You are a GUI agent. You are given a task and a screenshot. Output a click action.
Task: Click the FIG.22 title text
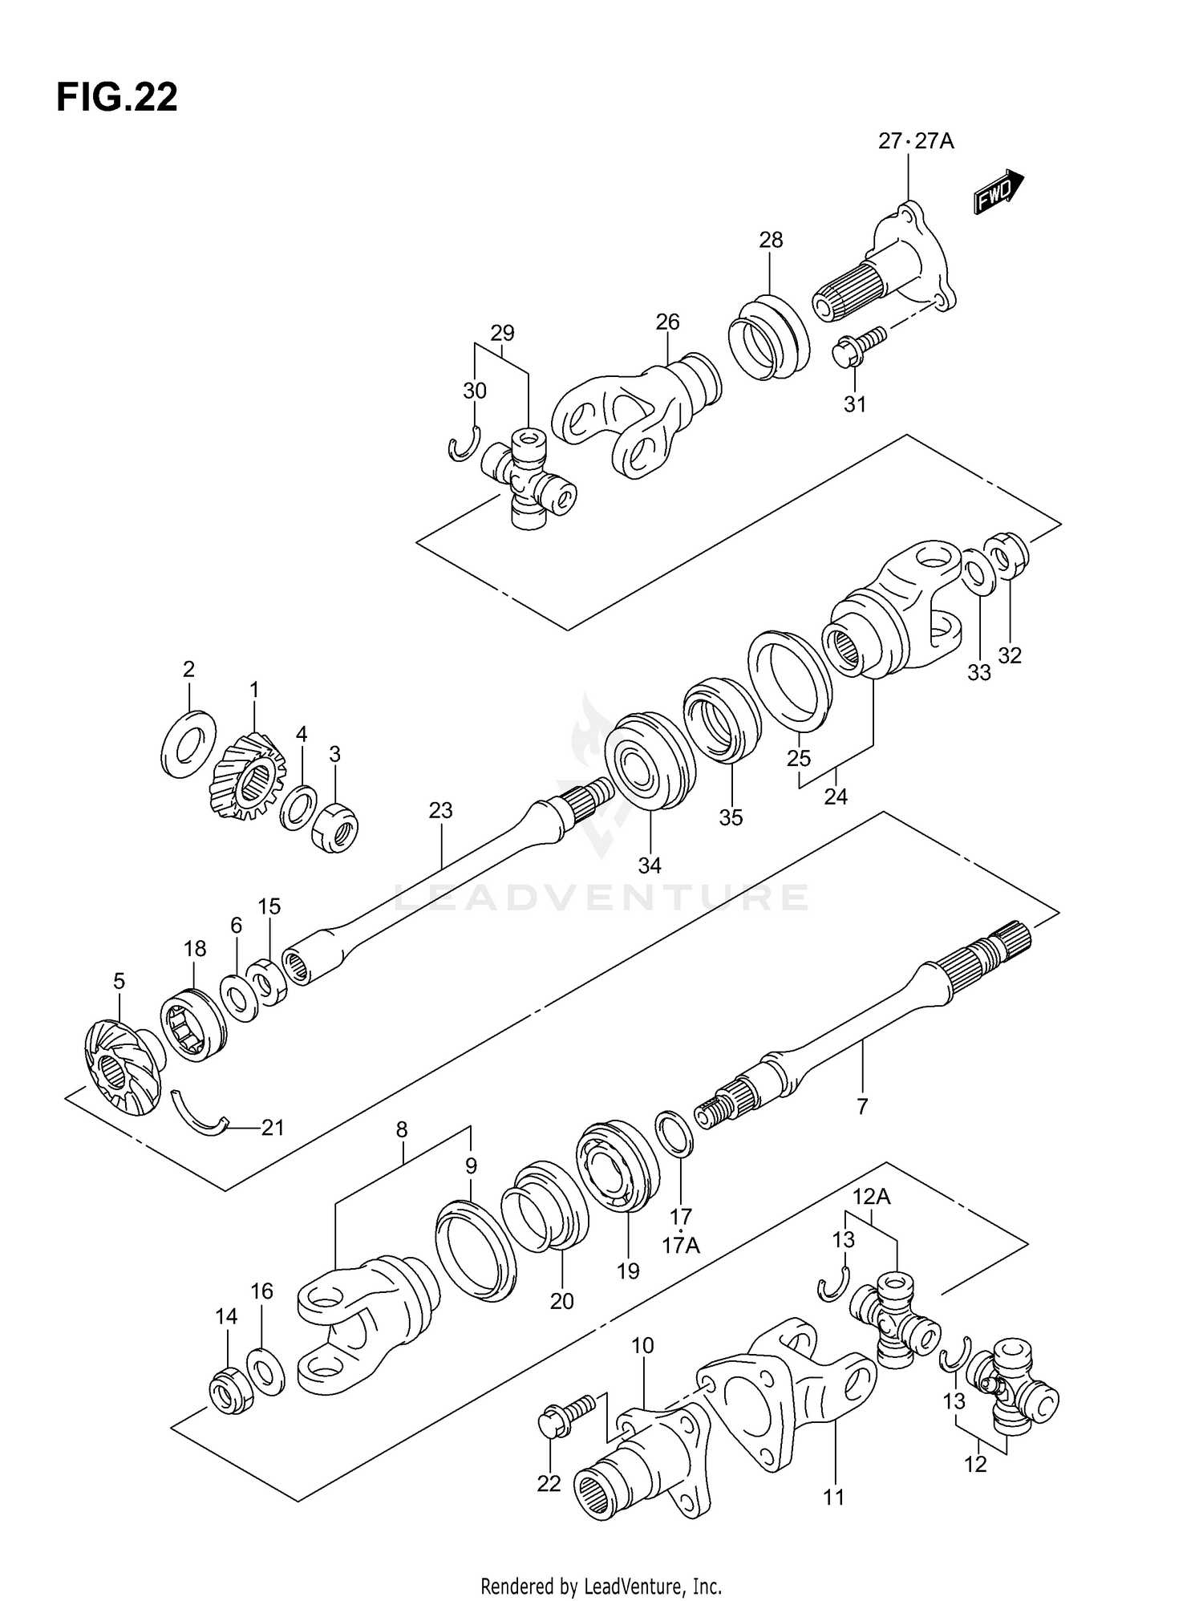pyautogui.click(x=117, y=98)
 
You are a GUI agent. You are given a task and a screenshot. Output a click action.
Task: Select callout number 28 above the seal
pyautogui.click(x=771, y=240)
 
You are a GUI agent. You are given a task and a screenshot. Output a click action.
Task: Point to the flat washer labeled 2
pyautogui.click(x=188, y=742)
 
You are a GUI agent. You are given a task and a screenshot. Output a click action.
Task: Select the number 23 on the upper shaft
pyautogui.click(x=441, y=810)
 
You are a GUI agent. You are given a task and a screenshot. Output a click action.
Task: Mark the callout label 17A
pyautogui.click(x=681, y=1246)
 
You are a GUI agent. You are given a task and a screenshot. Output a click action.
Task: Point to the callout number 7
pyautogui.click(x=862, y=1108)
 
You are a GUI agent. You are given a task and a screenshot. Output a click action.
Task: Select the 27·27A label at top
pyautogui.click(x=916, y=142)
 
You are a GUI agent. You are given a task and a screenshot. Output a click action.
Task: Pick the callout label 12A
pyautogui.click(x=872, y=1197)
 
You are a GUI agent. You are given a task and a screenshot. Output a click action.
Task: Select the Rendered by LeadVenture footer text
pyautogui.click(x=601, y=1586)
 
